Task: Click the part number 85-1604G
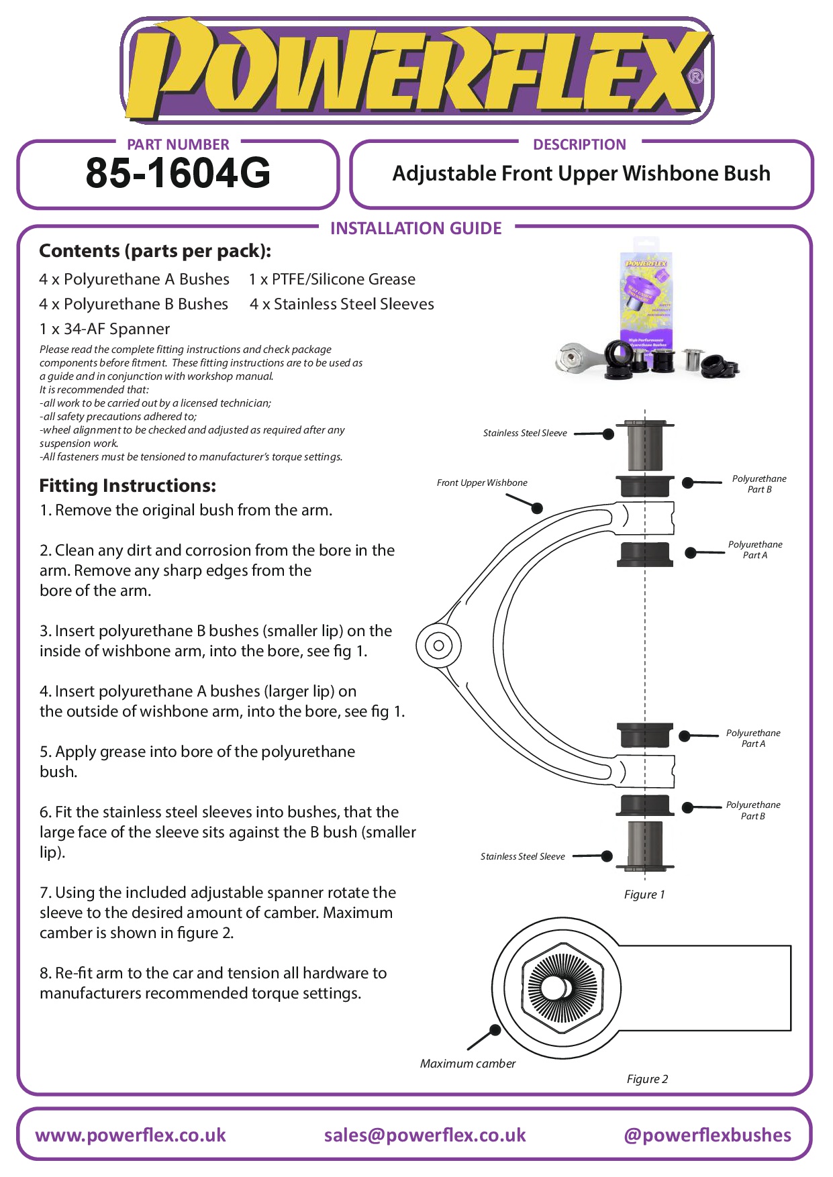pos(178,173)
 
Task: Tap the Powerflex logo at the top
pos(416,70)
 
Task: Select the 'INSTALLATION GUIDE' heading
pos(415,228)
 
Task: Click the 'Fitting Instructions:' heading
pos(128,485)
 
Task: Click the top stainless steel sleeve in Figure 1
pos(644,446)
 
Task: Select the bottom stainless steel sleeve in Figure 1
pos(644,844)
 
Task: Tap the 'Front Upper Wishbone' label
pos(482,482)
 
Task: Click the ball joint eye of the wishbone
pos(438,646)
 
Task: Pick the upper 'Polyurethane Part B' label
pos(759,484)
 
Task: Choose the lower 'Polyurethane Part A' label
pos(753,738)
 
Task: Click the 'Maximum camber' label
pos(468,1064)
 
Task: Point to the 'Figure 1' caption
pos(644,894)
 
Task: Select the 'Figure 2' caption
pos(647,1079)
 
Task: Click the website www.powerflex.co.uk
pos(131,1135)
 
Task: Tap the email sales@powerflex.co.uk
pos(425,1135)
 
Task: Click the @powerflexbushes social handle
pos(707,1135)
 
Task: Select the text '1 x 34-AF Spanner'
pos(105,329)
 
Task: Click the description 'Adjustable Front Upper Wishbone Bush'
pos(581,174)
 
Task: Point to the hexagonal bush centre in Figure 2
pos(562,987)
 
